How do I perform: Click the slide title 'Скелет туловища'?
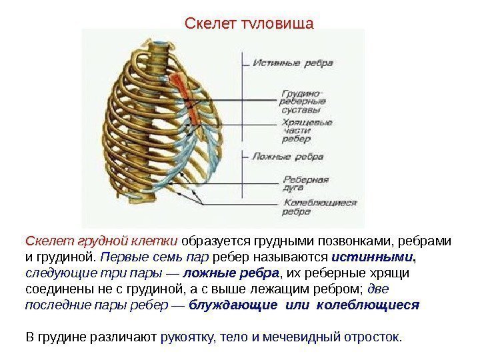248,25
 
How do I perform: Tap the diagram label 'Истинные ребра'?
287,64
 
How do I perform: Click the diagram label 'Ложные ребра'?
287,157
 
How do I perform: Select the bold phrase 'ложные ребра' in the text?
231,273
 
